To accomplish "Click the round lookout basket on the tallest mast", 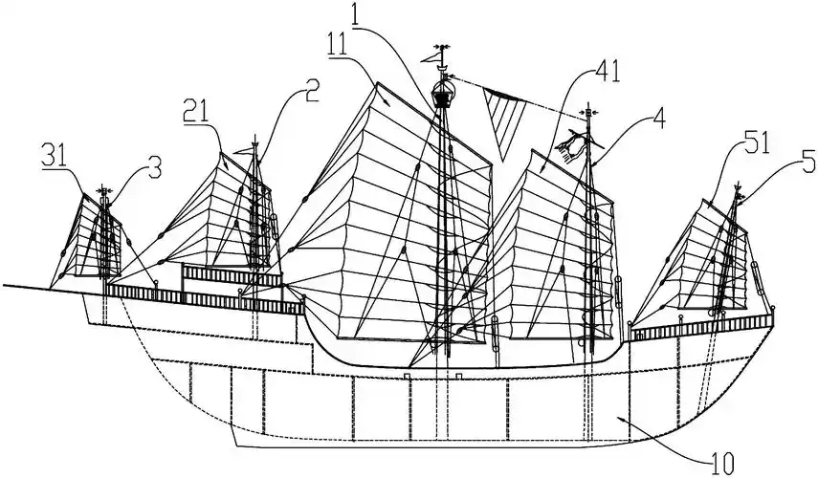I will pos(442,94).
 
